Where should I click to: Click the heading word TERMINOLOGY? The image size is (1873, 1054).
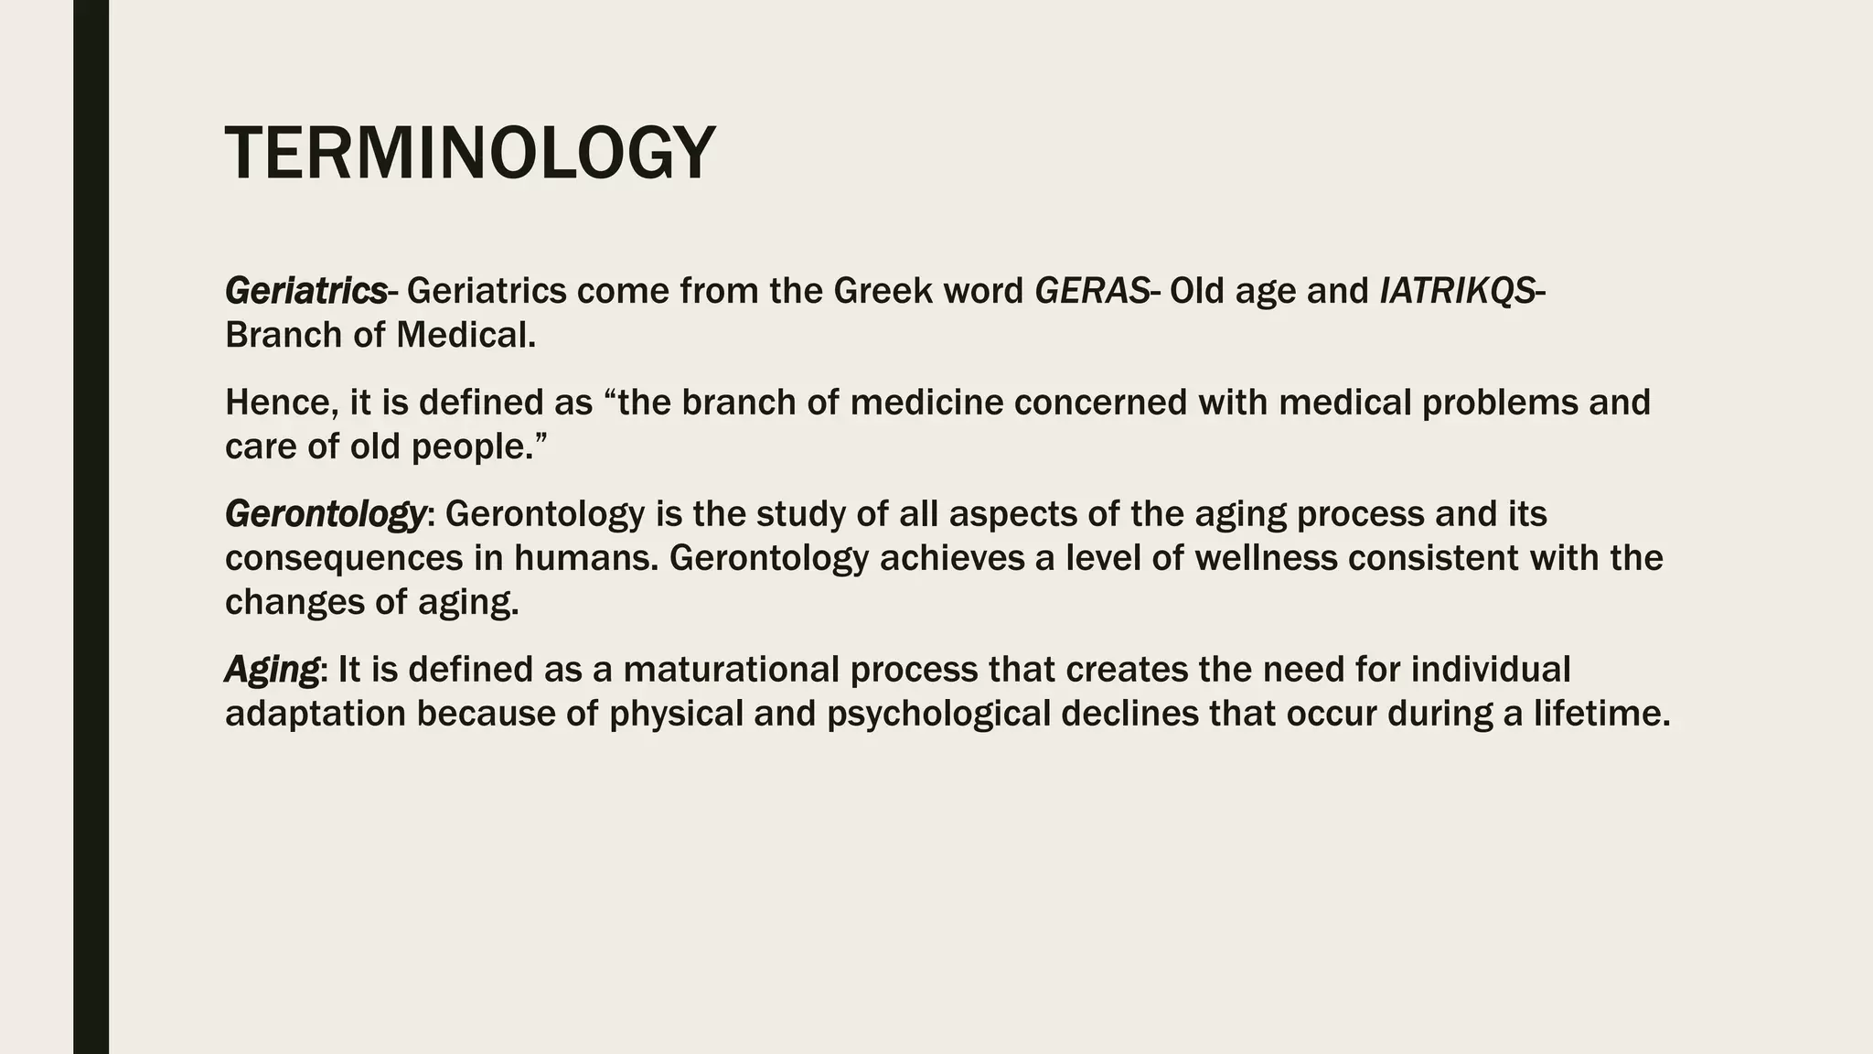(x=470, y=154)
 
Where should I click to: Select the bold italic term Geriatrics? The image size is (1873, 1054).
(x=305, y=291)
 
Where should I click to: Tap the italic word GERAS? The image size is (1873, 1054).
(x=1091, y=291)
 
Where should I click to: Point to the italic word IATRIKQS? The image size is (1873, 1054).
(x=1457, y=291)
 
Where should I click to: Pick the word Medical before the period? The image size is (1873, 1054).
(x=462, y=336)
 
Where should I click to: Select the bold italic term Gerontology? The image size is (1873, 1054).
(x=325, y=514)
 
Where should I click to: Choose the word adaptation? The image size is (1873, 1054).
(x=315, y=714)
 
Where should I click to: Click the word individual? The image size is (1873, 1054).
(x=1491, y=670)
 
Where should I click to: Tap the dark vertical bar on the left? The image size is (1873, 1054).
(x=91, y=527)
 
